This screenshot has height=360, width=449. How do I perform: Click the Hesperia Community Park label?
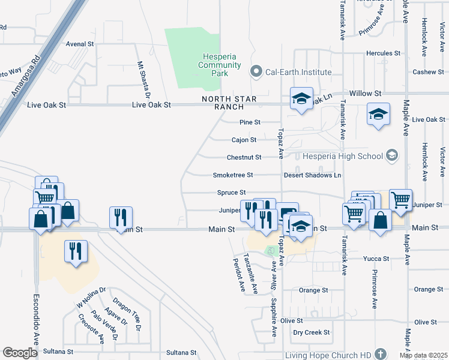(220, 65)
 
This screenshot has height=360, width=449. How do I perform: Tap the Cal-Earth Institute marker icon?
(257, 72)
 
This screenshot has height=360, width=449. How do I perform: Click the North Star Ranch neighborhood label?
(222, 103)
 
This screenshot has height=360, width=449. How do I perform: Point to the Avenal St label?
(80, 44)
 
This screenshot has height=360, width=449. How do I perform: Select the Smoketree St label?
(233, 175)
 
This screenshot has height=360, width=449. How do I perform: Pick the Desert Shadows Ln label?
(312, 175)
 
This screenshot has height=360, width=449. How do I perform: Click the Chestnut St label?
(244, 157)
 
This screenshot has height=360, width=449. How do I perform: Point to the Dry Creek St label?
(311, 332)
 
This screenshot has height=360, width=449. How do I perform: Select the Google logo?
(19, 353)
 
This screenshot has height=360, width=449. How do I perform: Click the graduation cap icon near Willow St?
(301, 99)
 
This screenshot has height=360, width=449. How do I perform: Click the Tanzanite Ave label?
(251, 273)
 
